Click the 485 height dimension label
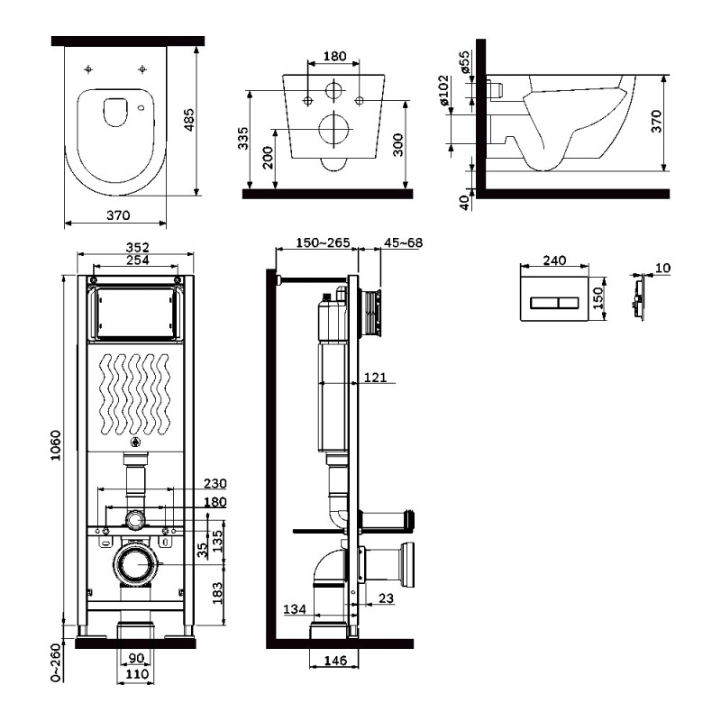tap(189, 120)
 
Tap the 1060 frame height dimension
tap(56, 445)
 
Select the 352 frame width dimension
tap(138, 247)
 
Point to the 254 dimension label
tap(138, 260)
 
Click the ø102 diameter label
tap(443, 91)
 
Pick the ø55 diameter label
tap(465, 61)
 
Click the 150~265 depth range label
tap(323, 242)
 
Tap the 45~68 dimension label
tap(403, 242)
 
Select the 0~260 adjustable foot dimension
tap(56, 662)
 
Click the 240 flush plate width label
tap(554, 260)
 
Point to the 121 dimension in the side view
tap(375, 378)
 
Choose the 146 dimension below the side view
tap(335, 661)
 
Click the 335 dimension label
tap(243, 138)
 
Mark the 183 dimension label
tap(217, 593)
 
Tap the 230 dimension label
tap(215, 483)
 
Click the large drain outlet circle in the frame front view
tap(136, 564)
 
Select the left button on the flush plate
tap(544, 303)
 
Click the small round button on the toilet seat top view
tap(141, 108)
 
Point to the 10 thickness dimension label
tap(662, 268)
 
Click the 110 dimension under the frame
tap(137, 674)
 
